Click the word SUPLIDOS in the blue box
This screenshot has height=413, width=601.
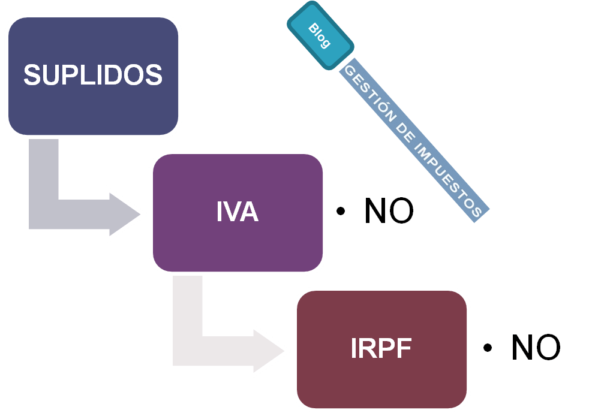point(93,75)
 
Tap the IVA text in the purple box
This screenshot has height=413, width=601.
point(238,211)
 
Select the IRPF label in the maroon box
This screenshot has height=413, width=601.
point(381,348)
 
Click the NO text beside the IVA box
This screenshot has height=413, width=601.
point(389,210)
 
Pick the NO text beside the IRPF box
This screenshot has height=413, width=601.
point(536,347)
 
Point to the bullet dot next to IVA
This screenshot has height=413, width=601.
point(340,211)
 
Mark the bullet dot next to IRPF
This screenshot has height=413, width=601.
point(488,348)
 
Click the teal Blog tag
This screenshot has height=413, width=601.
point(320,35)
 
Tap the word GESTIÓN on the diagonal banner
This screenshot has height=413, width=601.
point(370,93)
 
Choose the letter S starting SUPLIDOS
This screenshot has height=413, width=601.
point(32,75)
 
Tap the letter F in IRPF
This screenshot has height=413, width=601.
point(405,348)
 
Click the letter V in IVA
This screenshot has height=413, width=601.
point(231,211)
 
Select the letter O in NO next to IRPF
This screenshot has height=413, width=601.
point(548,348)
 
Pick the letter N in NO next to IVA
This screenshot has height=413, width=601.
point(375,210)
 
